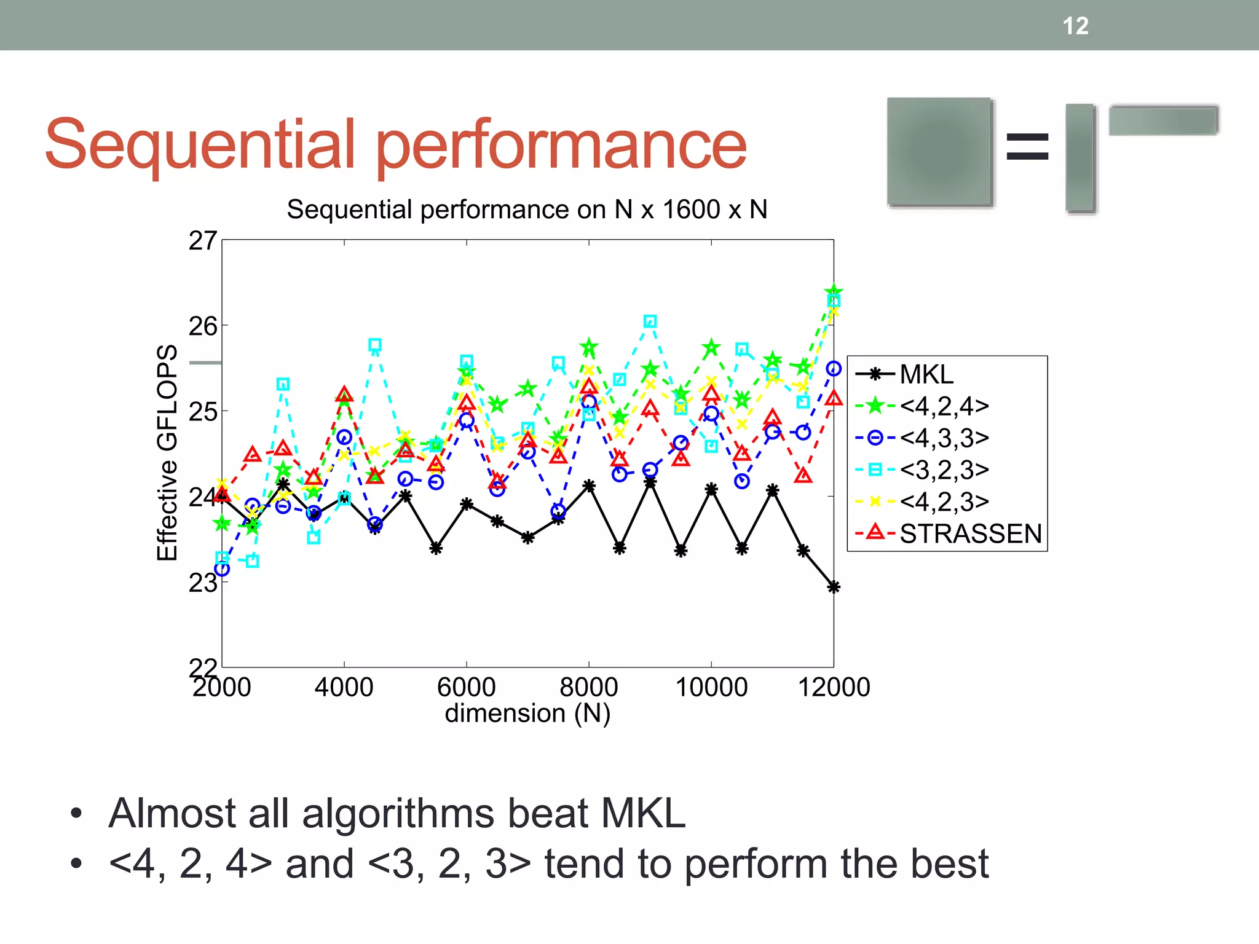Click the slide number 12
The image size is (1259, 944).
click(x=1075, y=26)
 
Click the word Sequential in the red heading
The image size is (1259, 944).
click(x=200, y=144)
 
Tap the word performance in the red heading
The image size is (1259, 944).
click(x=561, y=144)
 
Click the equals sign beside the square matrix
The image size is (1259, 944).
click(x=1027, y=147)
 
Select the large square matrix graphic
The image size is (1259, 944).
click(x=939, y=151)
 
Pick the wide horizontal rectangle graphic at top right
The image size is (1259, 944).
click(x=1163, y=120)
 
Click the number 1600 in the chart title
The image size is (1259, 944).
click(x=691, y=210)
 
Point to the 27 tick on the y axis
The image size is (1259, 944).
click(x=202, y=240)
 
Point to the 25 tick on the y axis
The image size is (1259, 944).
click(x=202, y=411)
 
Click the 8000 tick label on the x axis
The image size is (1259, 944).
click(x=588, y=687)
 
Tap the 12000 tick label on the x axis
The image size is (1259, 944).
click(x=834, y=687)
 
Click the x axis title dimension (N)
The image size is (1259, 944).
click(x=527, y=714)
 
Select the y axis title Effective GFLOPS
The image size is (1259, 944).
click(x=167, y=452)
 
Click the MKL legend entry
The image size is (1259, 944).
click(x=926, y=374)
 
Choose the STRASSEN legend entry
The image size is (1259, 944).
click(x=970, y=533)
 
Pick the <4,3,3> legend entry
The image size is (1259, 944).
click(x=944, y=438)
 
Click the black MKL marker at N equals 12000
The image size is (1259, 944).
click(x=834, y=587)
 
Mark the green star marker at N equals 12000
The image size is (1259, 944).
click(x=834, y=291)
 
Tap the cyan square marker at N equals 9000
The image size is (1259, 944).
click(x=650, y=321)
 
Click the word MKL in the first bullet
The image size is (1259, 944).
click(x=643, y=813)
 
